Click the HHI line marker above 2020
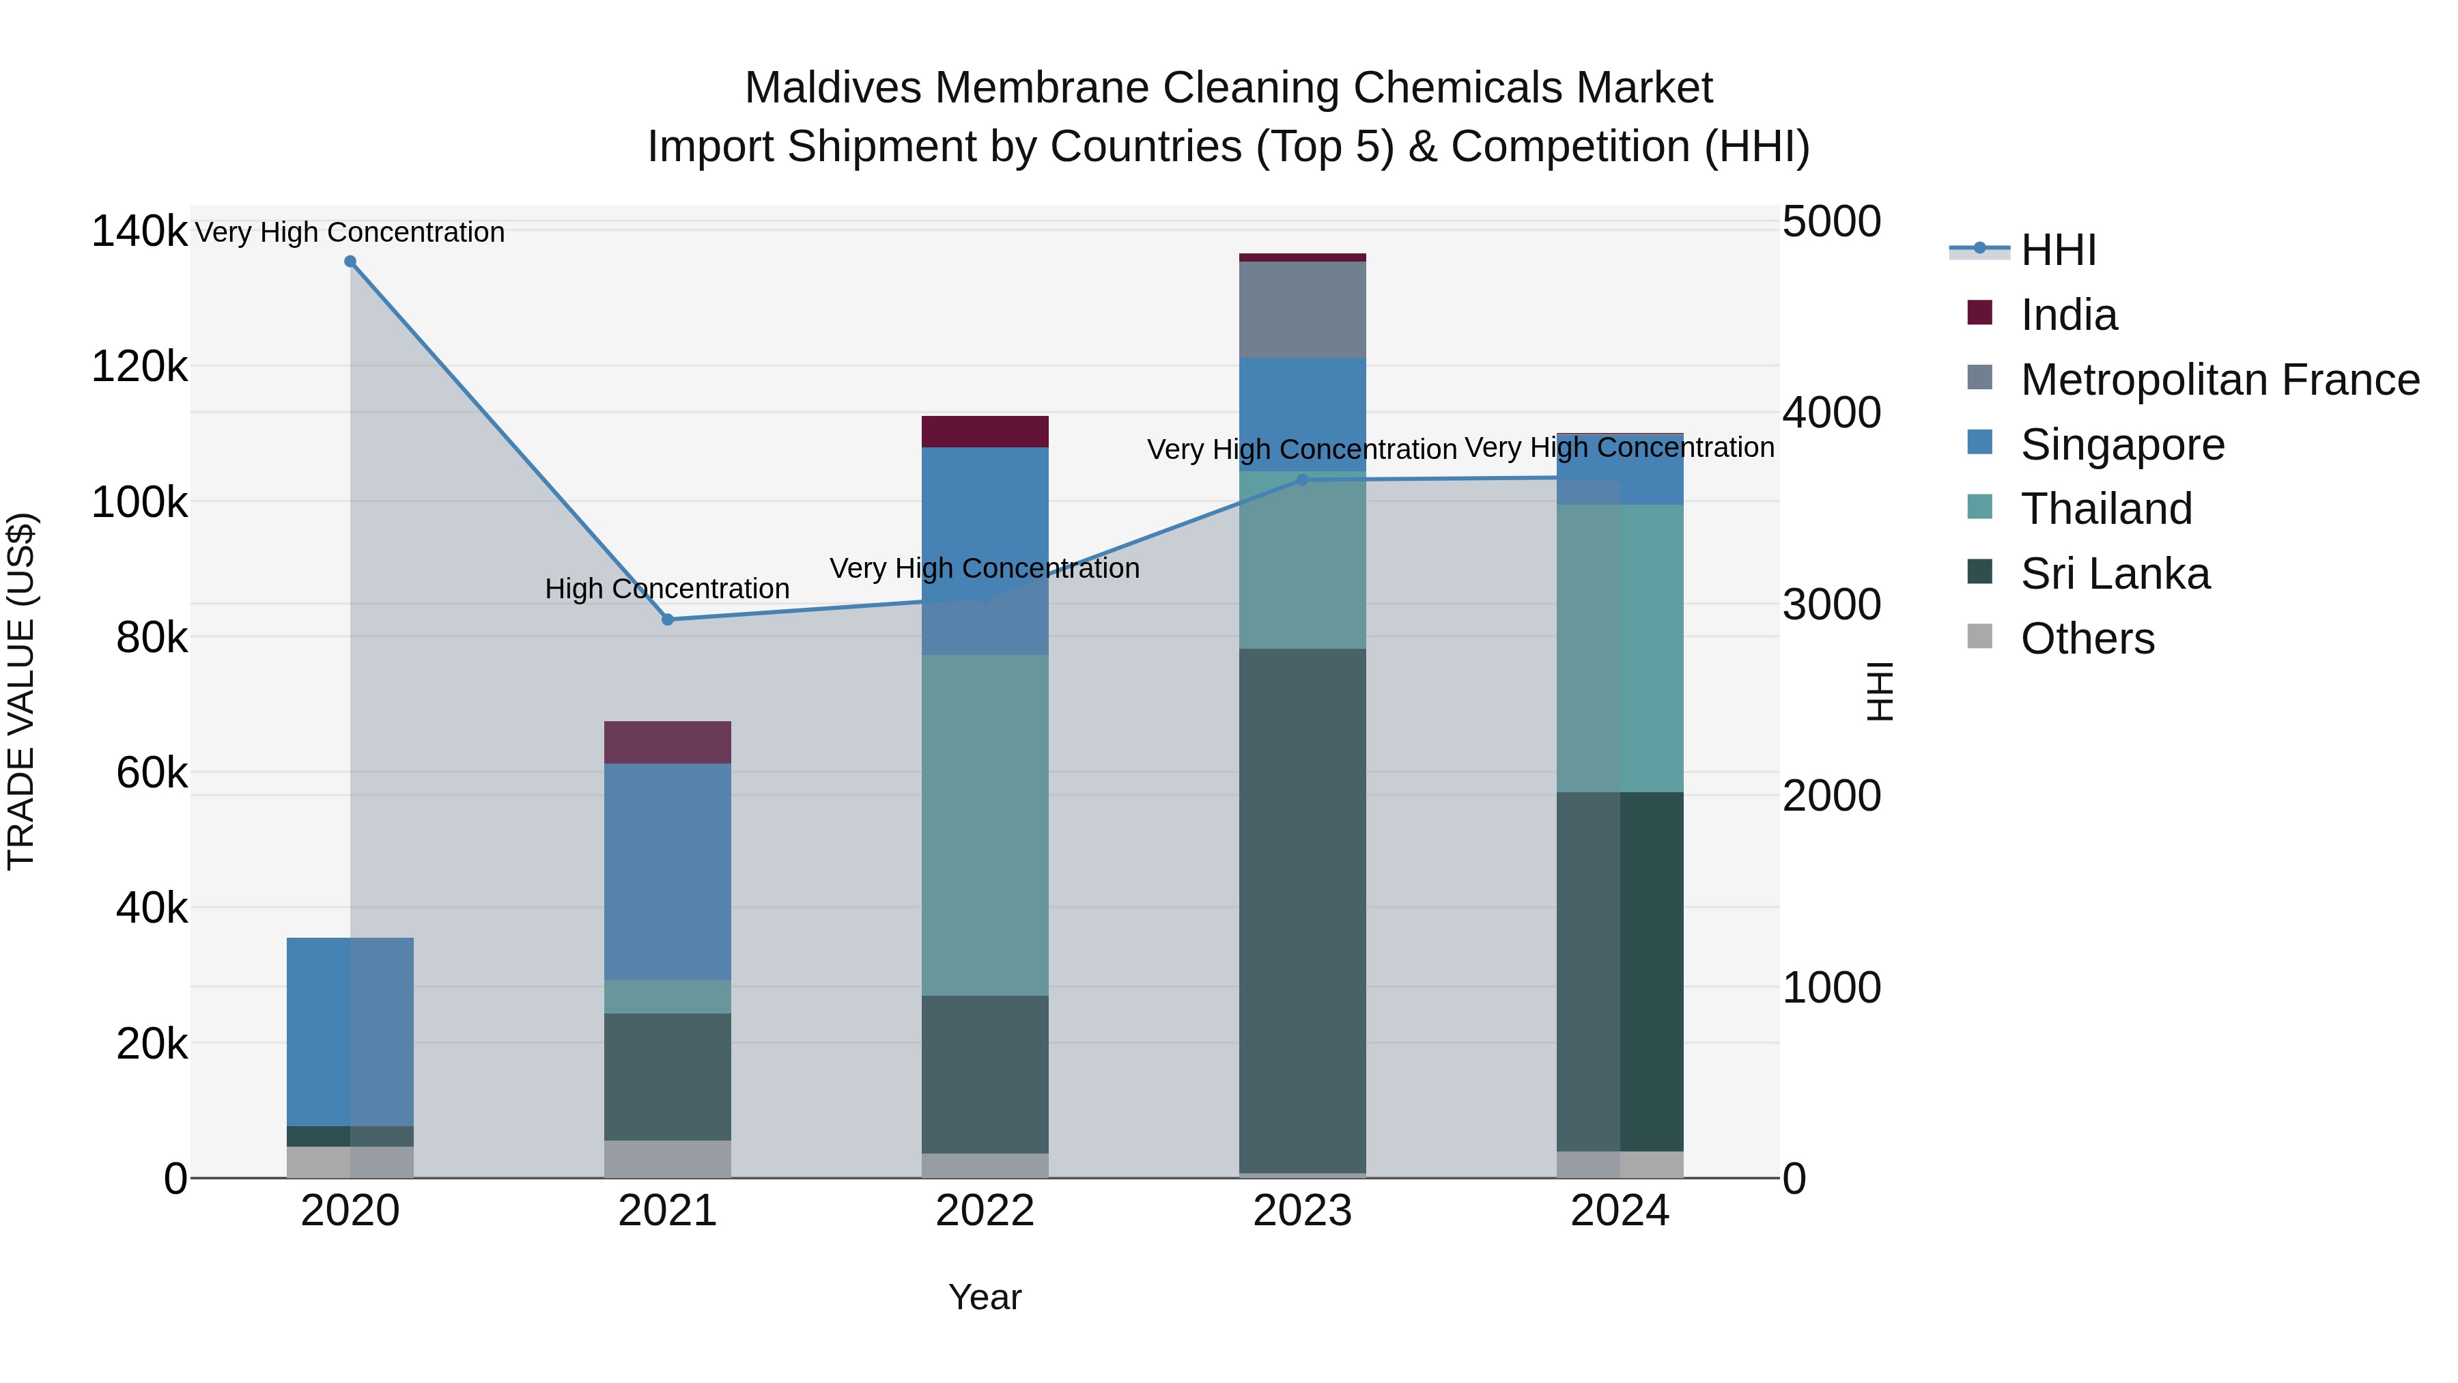tap(350, 262)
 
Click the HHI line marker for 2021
tap(668, 619)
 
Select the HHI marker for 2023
tap(1303, 480)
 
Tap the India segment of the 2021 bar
tap(668, 742)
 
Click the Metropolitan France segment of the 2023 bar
tap(1303, 310)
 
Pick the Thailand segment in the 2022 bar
tap(985, 826)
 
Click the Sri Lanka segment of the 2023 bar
tap(1303, 912)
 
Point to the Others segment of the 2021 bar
tap(668, 1159)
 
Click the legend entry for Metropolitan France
tap(2220, 380)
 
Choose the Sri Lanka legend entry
tap(2115, 574)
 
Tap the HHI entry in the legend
tap(2058, 250)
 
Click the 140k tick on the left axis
tap(139, 232)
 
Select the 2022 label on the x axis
tap(985, 1211)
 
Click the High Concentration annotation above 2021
tap(667, 589)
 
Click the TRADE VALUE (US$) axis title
tap(22, 691)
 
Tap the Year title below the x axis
tap(985, 1297)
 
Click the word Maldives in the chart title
tap(833, 88)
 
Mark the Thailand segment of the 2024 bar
tap(1620, 648)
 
